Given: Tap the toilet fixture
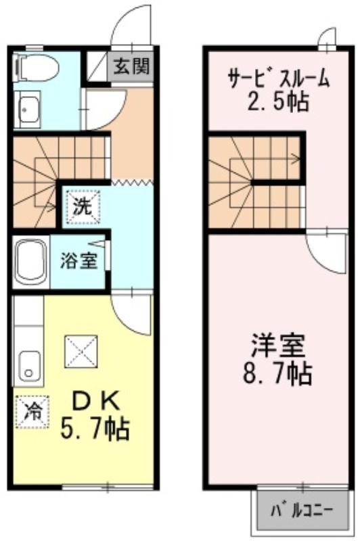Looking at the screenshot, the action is pos(35,68).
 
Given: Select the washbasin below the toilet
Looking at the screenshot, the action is pos(28,109).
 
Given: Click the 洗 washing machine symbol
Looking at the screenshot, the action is pos(83,207).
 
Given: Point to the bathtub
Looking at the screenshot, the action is pos(31,262).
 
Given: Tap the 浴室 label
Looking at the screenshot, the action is pos(78,260).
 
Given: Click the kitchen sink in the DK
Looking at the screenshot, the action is pos(30,367).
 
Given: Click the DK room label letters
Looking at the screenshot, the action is pos(95,400).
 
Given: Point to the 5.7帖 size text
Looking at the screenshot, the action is pos(95,429).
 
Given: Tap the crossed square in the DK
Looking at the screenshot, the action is pos(81,352).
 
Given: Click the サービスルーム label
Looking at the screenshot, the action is pos(278,78).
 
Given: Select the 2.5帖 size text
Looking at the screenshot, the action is pos(278,101).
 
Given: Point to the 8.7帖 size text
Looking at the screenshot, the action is pos(278,373).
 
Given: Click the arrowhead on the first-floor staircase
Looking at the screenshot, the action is pos(53,208).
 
